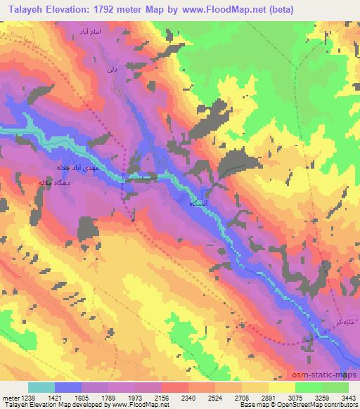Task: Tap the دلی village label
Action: pyautogui.click(x=110, y=70)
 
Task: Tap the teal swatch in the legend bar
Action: pyautogui.click(x=41, y=387)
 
